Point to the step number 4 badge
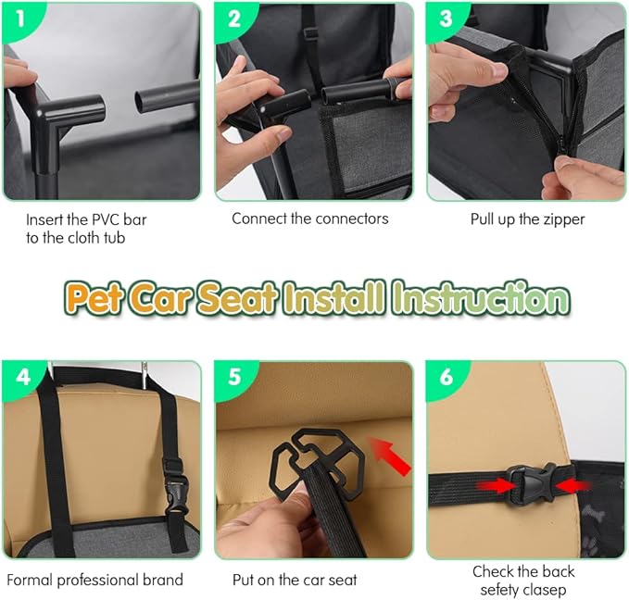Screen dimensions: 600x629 pos(19,379)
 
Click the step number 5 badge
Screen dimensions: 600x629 pos(233,379)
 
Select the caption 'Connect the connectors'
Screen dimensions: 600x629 pos(309,219)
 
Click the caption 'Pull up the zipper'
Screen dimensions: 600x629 pos(526,219)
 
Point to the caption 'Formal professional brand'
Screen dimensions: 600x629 pos(95,581)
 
